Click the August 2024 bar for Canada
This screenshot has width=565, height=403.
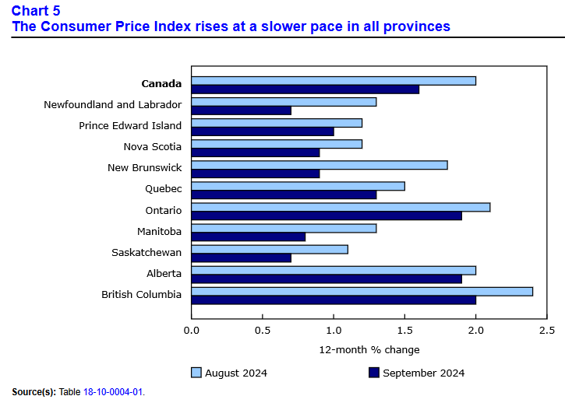click(x=334, y=81)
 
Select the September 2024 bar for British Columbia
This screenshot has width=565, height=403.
click(x=334, y=300)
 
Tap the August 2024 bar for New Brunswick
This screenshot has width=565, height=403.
click(x=320, y=165)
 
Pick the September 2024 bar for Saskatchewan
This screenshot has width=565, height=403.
click(x=241, y=258)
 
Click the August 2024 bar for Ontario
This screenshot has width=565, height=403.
click(x=341, y=207)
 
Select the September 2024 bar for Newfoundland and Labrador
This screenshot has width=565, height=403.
click(x=241, y=110)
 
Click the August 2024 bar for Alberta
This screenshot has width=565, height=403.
click(x=334, y=270)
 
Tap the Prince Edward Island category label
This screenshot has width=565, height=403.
click(x=130, y=125)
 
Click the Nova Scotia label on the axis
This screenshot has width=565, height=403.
click(x=152, y=146)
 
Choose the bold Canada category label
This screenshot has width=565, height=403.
click(x=161, y=83)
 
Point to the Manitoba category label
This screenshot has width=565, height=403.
click(x=159, y=231)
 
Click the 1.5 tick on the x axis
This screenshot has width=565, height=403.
click(x=404, y=330)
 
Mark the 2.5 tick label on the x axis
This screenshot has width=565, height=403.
click(x=547, y=330)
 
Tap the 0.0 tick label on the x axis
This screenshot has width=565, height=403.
click(x=192, y=330)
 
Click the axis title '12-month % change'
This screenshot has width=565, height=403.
click(x=369, y=349)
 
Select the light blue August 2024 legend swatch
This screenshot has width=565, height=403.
click(x=196, y=373)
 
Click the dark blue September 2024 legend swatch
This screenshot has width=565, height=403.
click(x=373, y=373)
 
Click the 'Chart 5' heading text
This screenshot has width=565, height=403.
click(x=36, y=11)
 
